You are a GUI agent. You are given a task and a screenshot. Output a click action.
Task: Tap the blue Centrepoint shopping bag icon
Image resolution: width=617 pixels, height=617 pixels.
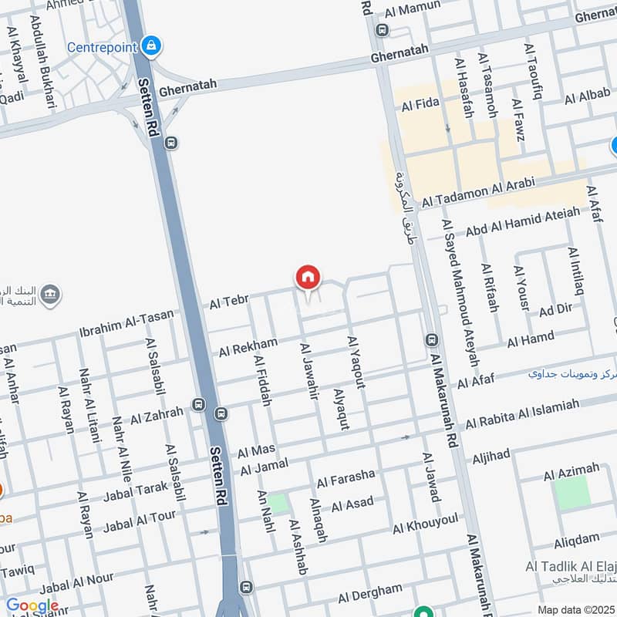point(153,46)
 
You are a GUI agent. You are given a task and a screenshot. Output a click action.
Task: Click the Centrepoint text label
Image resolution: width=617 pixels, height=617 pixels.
point(103,46)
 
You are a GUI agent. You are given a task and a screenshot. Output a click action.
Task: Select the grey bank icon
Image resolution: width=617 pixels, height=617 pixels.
point(50,295)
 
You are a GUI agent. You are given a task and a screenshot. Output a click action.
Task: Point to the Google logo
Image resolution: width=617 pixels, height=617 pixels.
point(32,606)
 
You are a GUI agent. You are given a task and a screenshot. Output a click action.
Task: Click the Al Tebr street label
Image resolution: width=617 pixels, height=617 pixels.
point(228,303)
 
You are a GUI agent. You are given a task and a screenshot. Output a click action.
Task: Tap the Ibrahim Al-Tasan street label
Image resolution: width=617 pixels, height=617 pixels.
point(126,325)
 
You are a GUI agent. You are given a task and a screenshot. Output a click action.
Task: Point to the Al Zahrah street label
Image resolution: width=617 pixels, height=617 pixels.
point(157,416)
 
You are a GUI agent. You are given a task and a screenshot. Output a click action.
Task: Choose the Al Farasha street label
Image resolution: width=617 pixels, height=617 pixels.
point(346,477)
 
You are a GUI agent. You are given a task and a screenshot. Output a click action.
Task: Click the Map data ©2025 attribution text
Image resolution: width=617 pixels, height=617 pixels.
point(576,610)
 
